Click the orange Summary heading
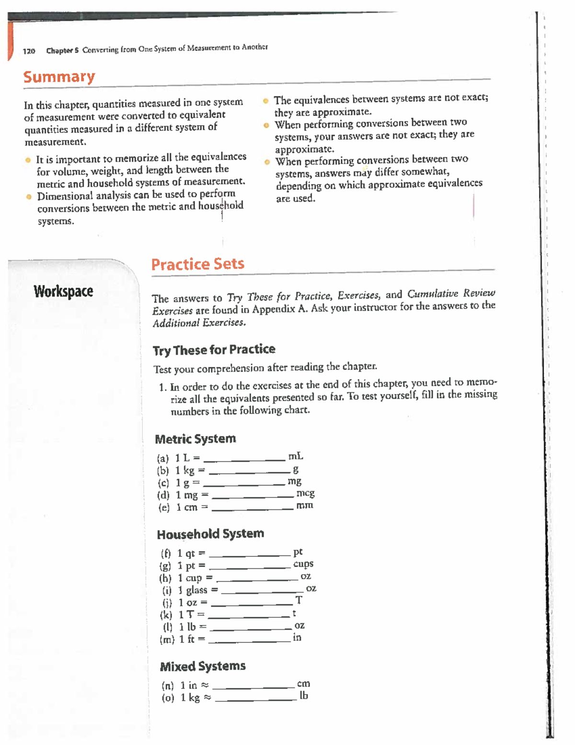pyautogui.click(x=59, y=77)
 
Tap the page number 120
pyautogui.click(x=29, y=51)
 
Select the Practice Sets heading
pyautogui.click(x=197, y=264)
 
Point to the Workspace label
pyautogui.click(x=63, y=291)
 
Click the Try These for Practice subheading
pyautogui.click(x=214, y=350)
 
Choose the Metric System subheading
pyautogui.click(x=195, y=439)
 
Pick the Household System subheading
pyautogui.click(x=210, y=534)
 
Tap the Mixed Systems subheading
pyautogui.click(x=203, y=666)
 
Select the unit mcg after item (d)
pyautogui.click(x=305, y=493)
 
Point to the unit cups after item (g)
pyautogui.click(x=303, y=564)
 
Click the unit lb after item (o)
pyautogui.click(x=304, y=696)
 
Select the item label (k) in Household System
pyautogui.click(x=166, y=615)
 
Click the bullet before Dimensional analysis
pyautogui.click(x=29, y=196)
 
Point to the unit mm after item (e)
pyautogui.click(x=305, y=505)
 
